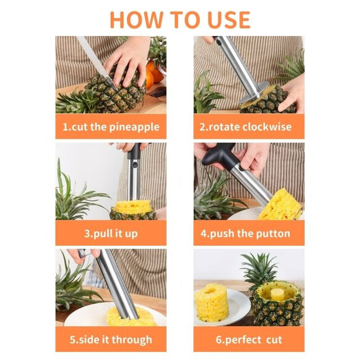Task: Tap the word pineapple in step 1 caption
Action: [x=134, y=127]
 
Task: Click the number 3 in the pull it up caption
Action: [x=87, y=233]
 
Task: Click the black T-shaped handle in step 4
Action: [x=219, y=156]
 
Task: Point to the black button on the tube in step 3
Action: [x=135, y=165]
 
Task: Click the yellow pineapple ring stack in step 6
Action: [x=211, y=303]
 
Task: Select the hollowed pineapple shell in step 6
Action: [x=276, y=303]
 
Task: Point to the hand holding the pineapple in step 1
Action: [x=127, y=62]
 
